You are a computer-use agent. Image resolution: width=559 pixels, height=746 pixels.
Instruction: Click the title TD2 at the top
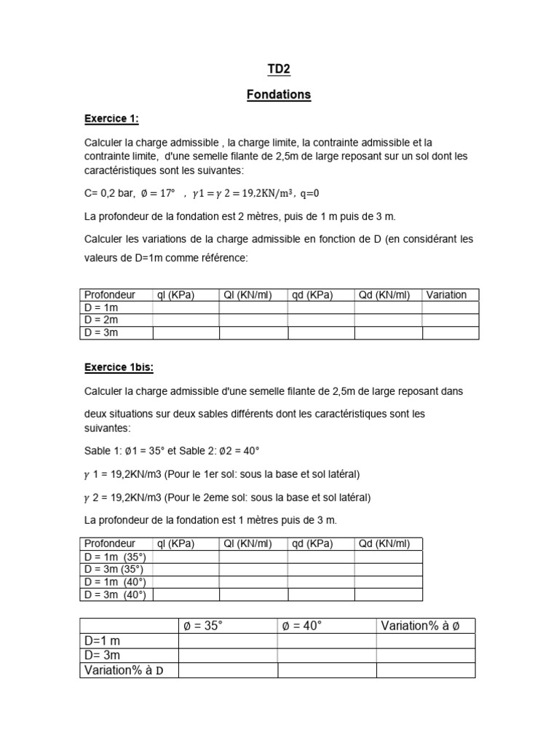pos(279,69)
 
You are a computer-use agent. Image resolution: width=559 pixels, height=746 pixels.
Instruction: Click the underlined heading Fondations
pos(279,95)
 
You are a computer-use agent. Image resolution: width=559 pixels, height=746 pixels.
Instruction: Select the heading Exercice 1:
pos(111,118)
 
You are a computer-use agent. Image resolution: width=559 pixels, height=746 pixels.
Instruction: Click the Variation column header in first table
pos(446,295)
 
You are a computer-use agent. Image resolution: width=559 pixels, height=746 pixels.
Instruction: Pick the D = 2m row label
pos(101,320)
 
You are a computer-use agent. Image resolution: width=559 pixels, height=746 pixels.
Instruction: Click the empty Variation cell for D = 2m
pos(450,320)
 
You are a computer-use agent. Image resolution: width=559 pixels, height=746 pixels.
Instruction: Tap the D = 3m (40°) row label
pos(115,595)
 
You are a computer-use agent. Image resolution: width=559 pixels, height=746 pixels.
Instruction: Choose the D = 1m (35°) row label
pos(115,557)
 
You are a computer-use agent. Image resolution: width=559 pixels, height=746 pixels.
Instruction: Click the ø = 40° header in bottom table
pos(302,626)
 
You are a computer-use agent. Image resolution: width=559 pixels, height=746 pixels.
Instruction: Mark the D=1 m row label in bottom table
pos(103,640)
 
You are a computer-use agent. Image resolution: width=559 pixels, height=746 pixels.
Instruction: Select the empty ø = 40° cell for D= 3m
pos(326,656)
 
